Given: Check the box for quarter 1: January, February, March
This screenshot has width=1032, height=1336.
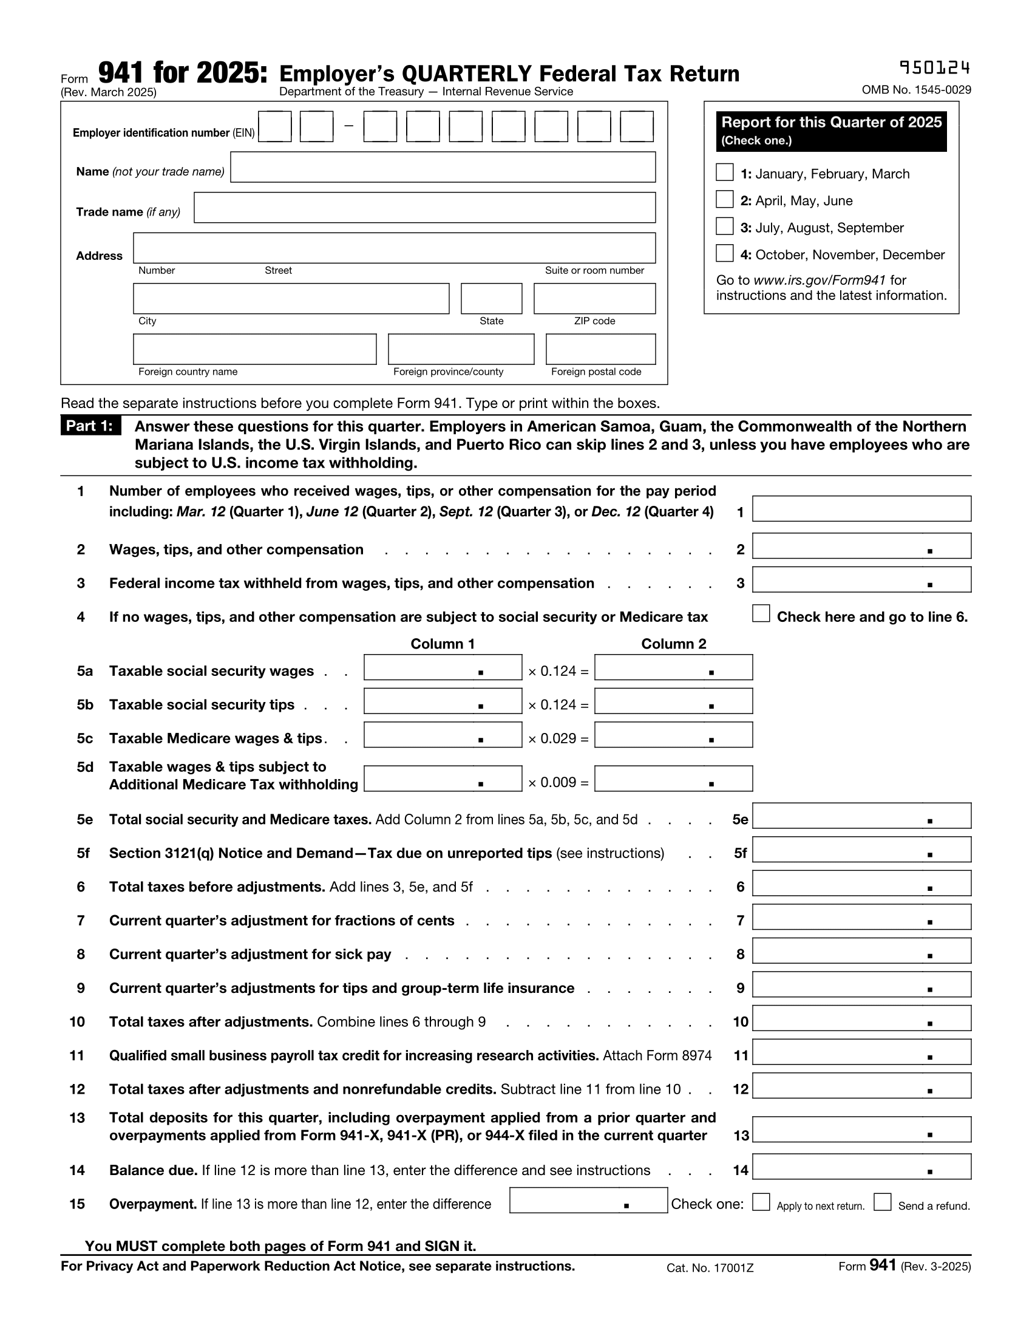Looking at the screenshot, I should coord(724,172).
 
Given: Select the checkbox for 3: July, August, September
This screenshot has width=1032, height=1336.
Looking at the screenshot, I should coord(724,227).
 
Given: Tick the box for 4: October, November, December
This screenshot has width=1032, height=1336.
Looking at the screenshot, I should coord(724,253).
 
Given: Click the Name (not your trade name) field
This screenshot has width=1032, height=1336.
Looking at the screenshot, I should coord(443,167).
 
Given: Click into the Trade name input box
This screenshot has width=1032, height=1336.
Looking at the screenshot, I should coord(424,208).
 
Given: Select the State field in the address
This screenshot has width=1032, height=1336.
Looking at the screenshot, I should coord(491,299).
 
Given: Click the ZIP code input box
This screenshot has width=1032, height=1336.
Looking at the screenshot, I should coord(594,299).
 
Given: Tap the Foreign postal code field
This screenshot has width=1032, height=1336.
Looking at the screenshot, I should coord(600,349).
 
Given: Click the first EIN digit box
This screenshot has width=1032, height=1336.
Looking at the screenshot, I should coord(274,127).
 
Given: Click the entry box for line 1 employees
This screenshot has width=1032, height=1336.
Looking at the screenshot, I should coord(861,509).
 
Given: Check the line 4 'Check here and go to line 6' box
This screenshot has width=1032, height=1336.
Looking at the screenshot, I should coord(761,613).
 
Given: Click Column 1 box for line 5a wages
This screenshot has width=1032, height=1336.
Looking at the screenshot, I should coord(443,667).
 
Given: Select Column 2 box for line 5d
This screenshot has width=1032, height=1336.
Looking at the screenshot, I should coord(673,779).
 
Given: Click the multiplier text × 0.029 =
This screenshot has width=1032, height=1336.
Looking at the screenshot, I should coord(558,738).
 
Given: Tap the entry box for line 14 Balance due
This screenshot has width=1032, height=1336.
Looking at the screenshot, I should coord(861,1167).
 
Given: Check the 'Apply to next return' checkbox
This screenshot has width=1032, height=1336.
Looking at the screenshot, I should coord(761,1202).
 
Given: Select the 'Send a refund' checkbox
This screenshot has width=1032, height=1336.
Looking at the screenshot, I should coord(882,1202).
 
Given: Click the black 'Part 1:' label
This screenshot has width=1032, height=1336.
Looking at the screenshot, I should coord(90,426).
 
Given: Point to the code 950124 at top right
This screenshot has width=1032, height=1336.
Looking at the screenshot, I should coord(934,67).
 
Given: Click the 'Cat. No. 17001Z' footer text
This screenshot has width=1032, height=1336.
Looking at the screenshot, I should coord(710,1268).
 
